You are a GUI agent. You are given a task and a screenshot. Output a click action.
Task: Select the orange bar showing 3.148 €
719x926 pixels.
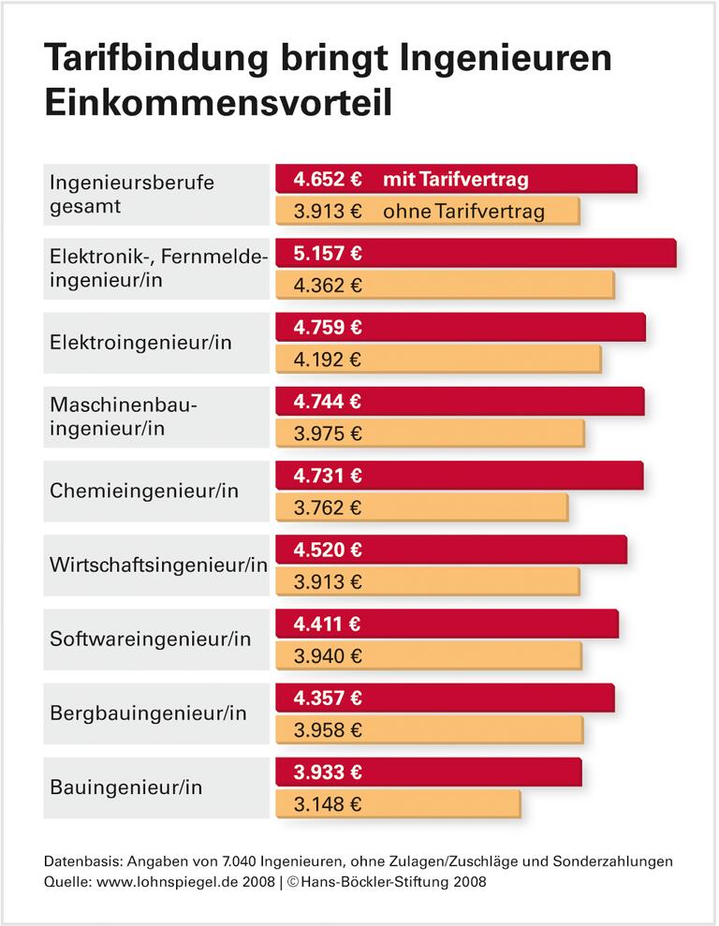tap(397, 804)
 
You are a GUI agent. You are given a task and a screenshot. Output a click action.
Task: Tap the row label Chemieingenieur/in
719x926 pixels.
tap(144, 491)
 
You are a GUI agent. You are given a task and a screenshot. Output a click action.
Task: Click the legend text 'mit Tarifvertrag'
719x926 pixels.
tap(455, 179)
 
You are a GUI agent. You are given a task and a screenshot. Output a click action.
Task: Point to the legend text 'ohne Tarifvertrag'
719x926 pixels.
tap(463, 212)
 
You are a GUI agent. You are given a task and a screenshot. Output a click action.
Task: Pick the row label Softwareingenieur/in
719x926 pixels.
tap(150, 639)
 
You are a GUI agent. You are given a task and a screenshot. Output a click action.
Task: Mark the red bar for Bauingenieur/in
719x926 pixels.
tap(428, 772)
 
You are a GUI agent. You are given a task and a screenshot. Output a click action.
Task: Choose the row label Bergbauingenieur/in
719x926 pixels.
tap(148, 713)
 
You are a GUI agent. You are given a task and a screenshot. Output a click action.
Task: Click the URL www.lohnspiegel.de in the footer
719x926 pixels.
tap(159, 882)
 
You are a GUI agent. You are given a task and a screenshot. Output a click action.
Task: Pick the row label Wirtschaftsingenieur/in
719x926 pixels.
tap(158, 565)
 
